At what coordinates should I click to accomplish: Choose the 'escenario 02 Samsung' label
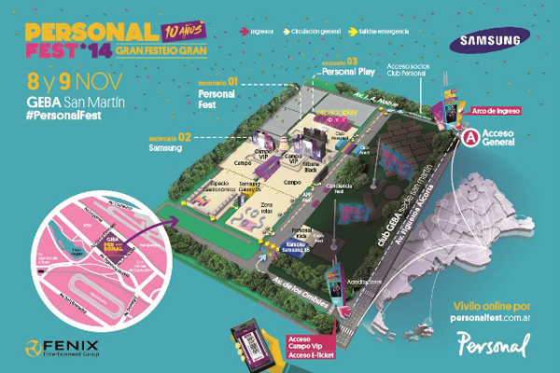[x=173, y=141]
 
